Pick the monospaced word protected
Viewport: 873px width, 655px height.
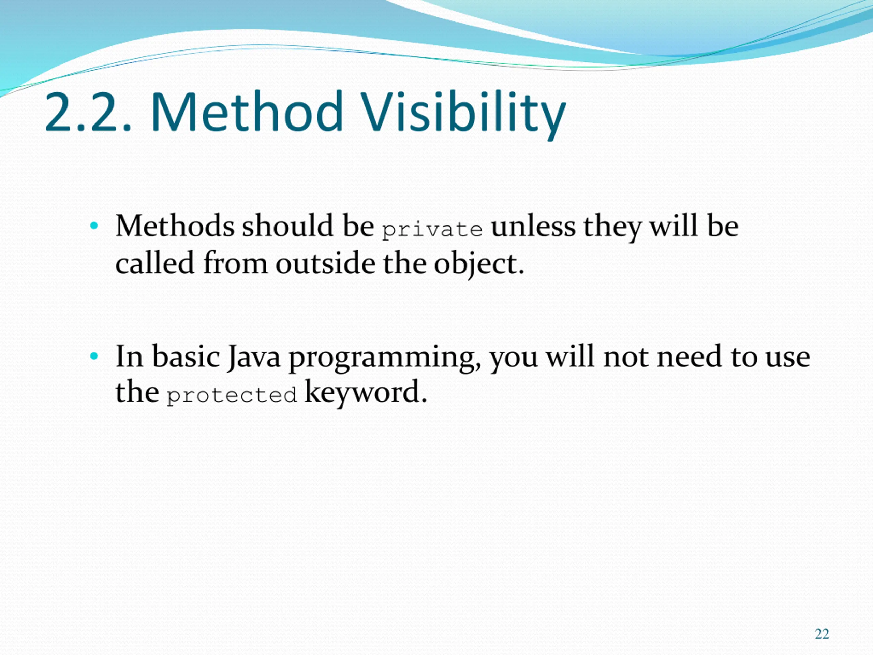click(231, 395)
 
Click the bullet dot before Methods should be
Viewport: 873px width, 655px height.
click(93, 226)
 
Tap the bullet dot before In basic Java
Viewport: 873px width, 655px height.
click(93, 356)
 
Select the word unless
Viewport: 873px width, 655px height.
click(533, 226)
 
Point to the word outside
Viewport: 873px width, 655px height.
click(325, 263)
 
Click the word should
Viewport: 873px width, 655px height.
click(288, 226)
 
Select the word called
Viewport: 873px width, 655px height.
click(155, 263)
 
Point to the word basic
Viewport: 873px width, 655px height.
click(186, 356)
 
